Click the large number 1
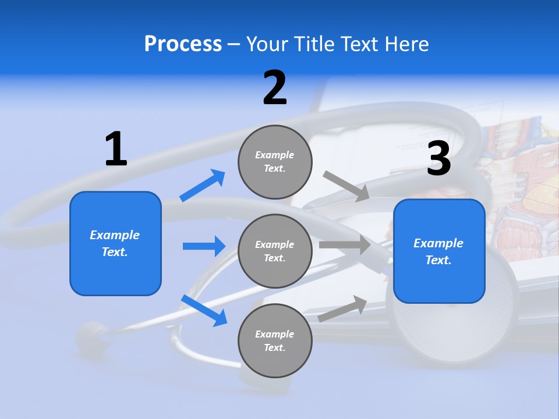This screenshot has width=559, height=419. pyautogui.click(x=116, y=149)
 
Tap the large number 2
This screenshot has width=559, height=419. pyautogui.click(x=275, y=88)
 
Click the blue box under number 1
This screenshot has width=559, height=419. pyautogui.click(x=115, y=243)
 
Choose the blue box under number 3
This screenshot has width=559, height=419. pyautogui.click(x=439, y=251)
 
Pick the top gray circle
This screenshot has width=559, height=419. pyautogui.click(x=275, y=162)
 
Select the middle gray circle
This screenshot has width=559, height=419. pyautogui.click(x=275, y=251)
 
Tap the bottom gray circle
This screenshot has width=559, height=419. pyautogui.click(x=275, y=340)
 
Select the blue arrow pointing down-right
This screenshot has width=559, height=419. pyautogui.click(x=204, y=310)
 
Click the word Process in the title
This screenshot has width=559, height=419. pyautogui.click(x=183, y=44)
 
